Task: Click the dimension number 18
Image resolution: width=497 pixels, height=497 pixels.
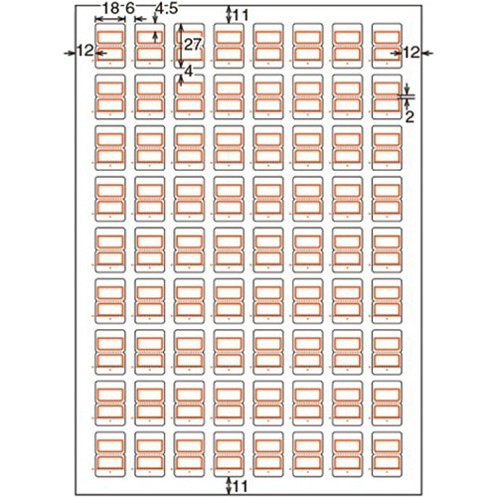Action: (110, 9)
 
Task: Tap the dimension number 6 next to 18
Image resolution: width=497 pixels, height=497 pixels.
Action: (130, 9)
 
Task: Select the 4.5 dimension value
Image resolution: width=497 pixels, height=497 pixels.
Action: (167, 9)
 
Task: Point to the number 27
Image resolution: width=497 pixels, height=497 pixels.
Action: (193, 45)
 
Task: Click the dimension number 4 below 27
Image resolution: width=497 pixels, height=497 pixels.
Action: (188, 72)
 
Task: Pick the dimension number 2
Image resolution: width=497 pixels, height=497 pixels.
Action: (410, 117)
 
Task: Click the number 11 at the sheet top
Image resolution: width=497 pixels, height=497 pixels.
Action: (241, 15)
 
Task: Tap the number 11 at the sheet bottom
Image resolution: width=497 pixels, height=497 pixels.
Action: (241, 487)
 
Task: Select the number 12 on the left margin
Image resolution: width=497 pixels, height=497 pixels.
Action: (85, 52)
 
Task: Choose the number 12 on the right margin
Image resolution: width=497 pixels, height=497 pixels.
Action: (411, 53)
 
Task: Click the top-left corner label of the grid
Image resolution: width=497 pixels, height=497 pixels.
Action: (110, 46)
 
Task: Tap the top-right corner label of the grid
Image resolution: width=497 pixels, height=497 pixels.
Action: (387, 46)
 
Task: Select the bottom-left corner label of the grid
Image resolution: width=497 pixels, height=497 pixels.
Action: (110, 454)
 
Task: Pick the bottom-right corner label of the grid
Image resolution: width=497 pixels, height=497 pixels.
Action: (387, 454)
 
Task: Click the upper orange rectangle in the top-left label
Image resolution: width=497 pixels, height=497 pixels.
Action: (110, 32)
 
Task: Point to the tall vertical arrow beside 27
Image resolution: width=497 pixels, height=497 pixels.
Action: (180, 46)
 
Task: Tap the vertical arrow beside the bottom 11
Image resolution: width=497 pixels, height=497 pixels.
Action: (229, 486)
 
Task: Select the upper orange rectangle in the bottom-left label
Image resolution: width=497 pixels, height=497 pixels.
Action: (110, 440)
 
